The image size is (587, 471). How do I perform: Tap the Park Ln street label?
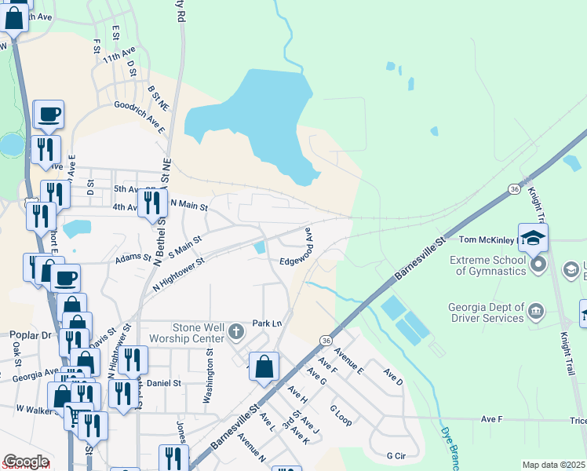coord(267,323)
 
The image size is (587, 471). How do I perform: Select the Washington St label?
coord(209,377)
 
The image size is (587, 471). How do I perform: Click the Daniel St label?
coord(164,383)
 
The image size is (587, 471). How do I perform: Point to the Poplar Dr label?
coord(31,334)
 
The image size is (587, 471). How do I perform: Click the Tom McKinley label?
coord(486,239)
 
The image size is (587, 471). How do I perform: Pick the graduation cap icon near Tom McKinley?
coord(534,237)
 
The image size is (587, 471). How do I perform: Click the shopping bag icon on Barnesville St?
coord(264,366)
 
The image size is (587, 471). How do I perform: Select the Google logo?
coord(25,462)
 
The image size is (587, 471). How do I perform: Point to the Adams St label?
coord(133,257)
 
